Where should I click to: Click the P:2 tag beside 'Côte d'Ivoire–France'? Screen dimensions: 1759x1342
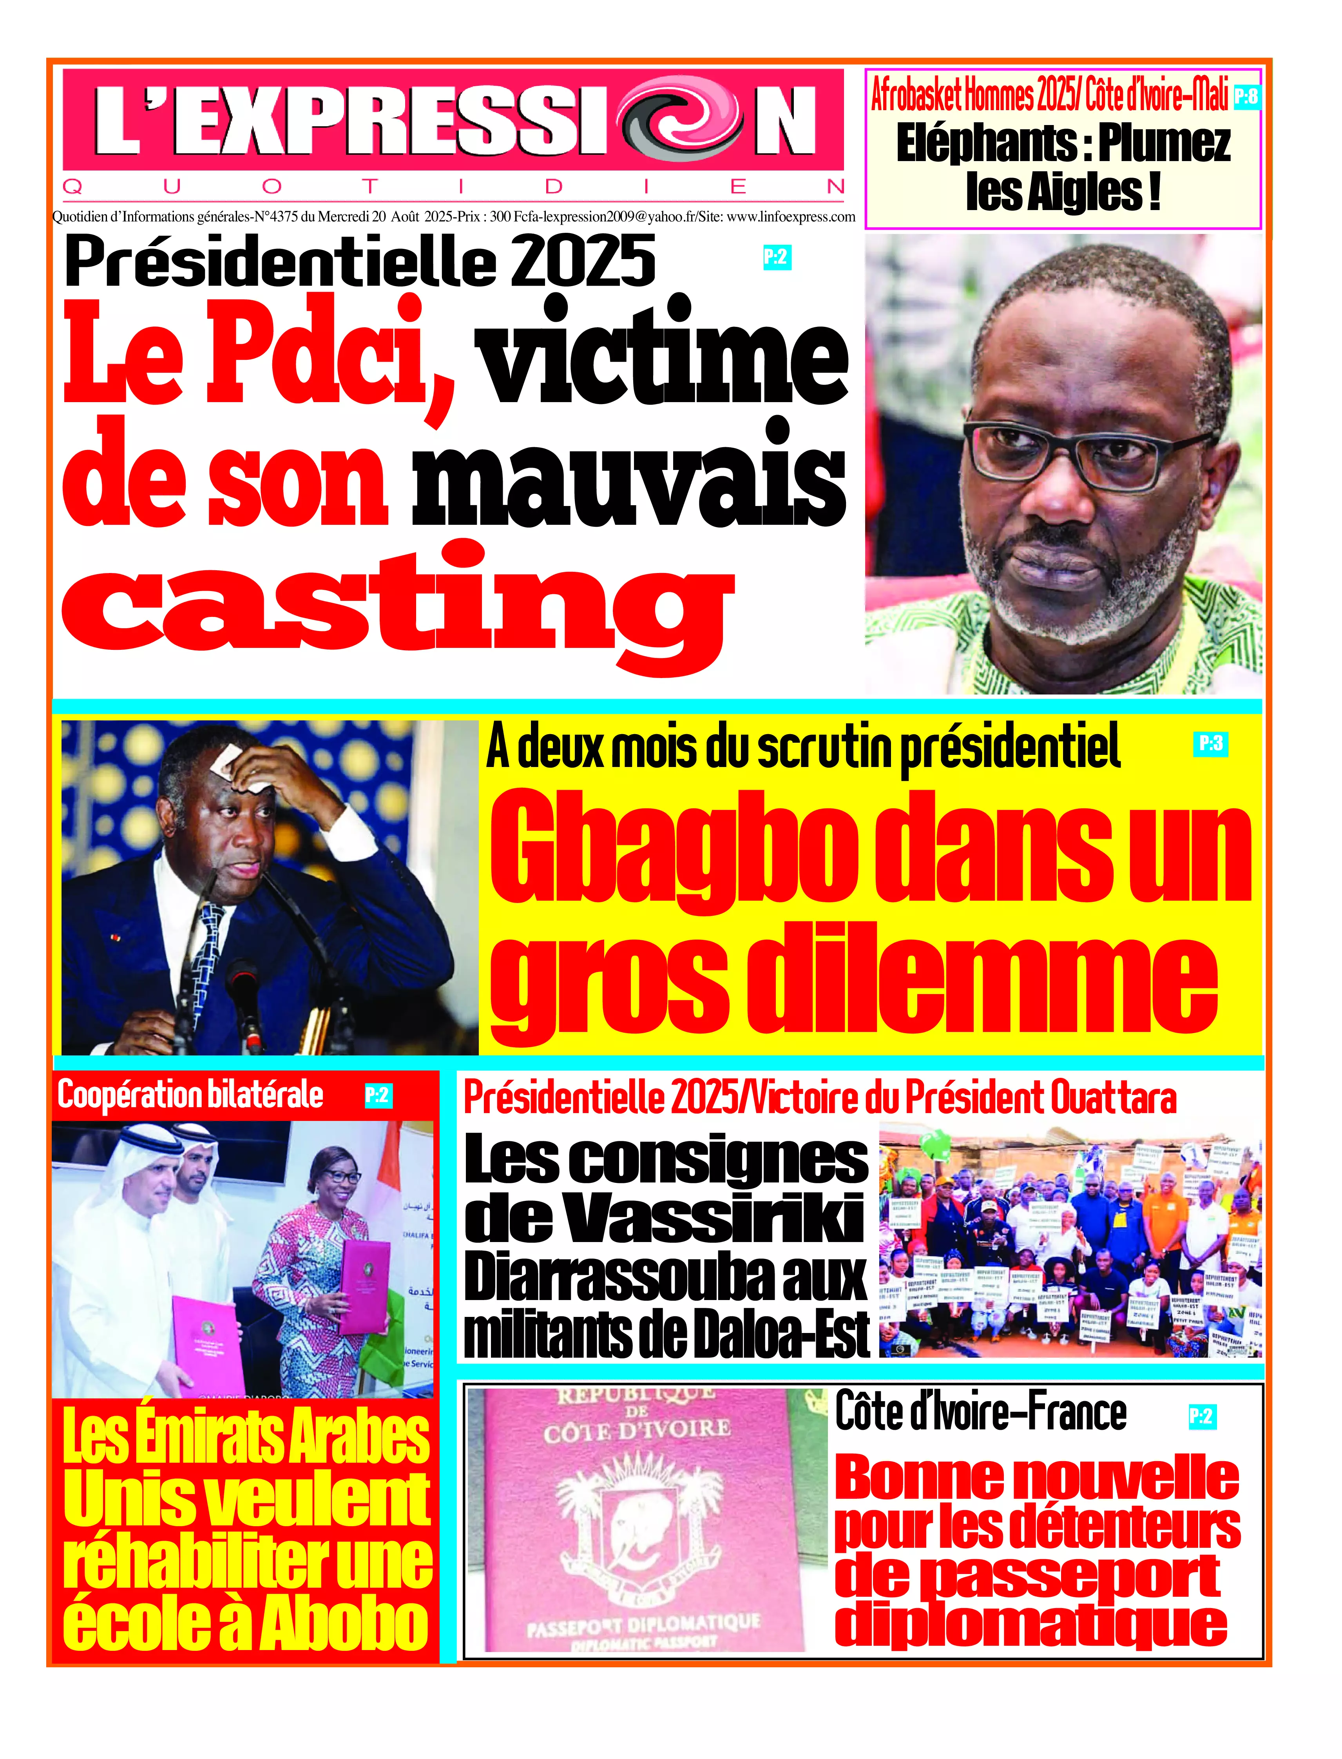1201,1416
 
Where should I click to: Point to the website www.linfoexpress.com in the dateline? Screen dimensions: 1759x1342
791,216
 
